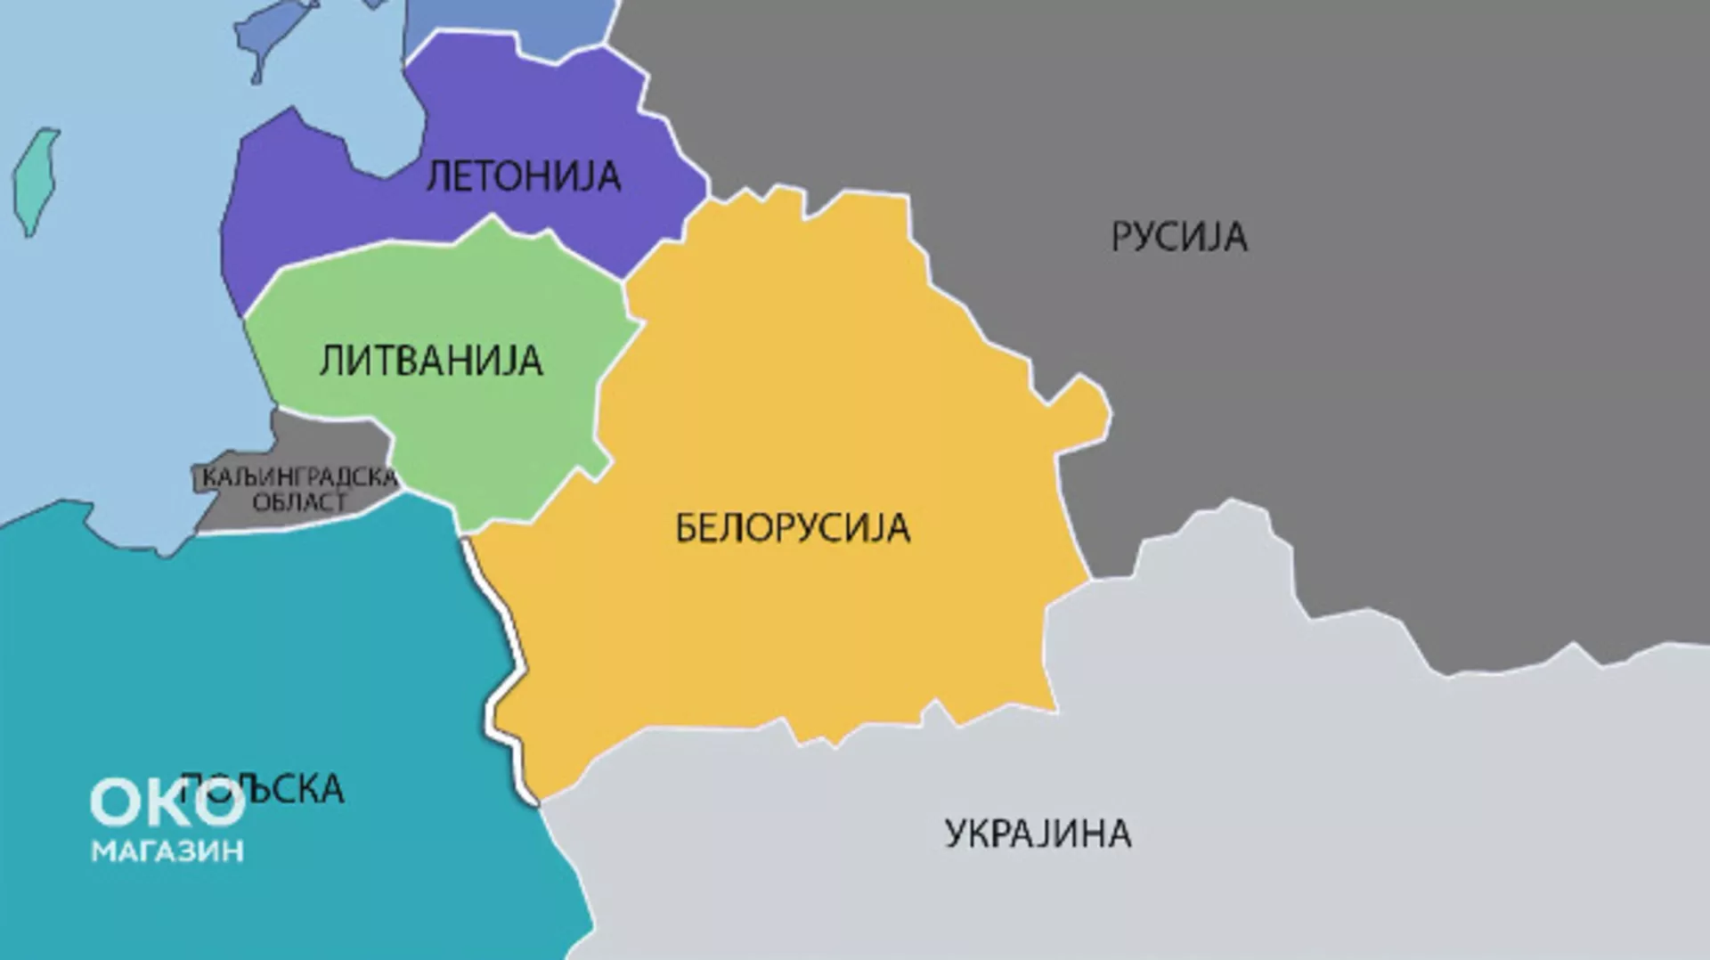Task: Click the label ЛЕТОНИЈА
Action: [x=524, y=176]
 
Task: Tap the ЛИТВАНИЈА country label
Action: [x=431, y=362]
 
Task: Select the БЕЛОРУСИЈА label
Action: [x=793, y=528]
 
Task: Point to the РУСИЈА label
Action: [x=1178, y=237]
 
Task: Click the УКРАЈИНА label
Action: [x=1038, y=834]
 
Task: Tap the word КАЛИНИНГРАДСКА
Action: [x=298, y=478]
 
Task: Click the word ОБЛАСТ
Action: [x=299, y=502]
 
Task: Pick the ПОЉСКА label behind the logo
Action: [x=294, y=789]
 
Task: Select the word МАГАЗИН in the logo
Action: [x=167, y=851]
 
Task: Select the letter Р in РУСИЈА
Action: [x=1121, y=237]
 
